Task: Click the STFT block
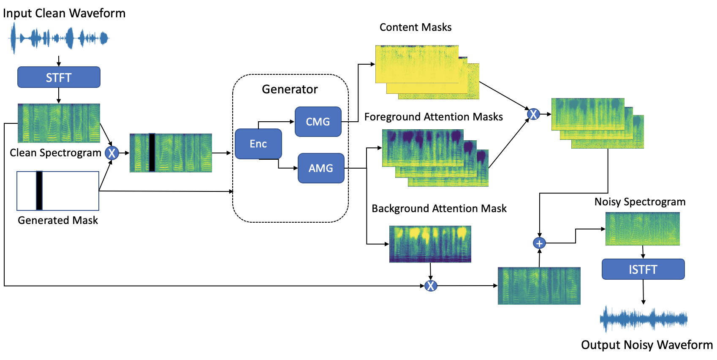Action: (59, 77)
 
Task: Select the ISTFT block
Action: (643, 269)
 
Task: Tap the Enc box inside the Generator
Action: (258, 144)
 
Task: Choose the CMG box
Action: (318, 122)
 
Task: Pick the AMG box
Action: (321, 168)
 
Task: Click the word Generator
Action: (290, 89)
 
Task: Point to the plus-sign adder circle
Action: (539, 243)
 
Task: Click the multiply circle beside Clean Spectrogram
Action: (112, 153)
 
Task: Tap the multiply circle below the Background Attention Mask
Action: (431, 286)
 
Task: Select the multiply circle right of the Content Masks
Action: (533, 114)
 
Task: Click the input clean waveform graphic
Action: (59, 38)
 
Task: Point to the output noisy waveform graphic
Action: (643, 319)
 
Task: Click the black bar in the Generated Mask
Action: (39, 191)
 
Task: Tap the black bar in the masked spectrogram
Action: (152, 153)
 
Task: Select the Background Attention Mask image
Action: (430, 244)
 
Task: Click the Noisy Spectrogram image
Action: (642, 229)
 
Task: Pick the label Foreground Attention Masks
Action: (433, 117)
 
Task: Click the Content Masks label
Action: (416, 27)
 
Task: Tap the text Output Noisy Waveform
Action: (646, 345)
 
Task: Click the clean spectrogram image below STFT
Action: (59, 123)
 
